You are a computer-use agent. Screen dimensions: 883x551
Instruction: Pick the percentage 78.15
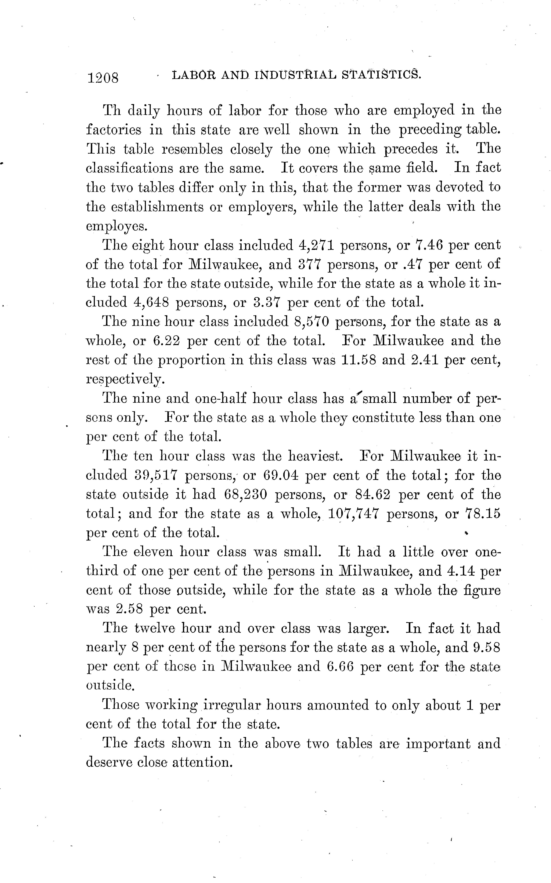click(483, 514)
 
